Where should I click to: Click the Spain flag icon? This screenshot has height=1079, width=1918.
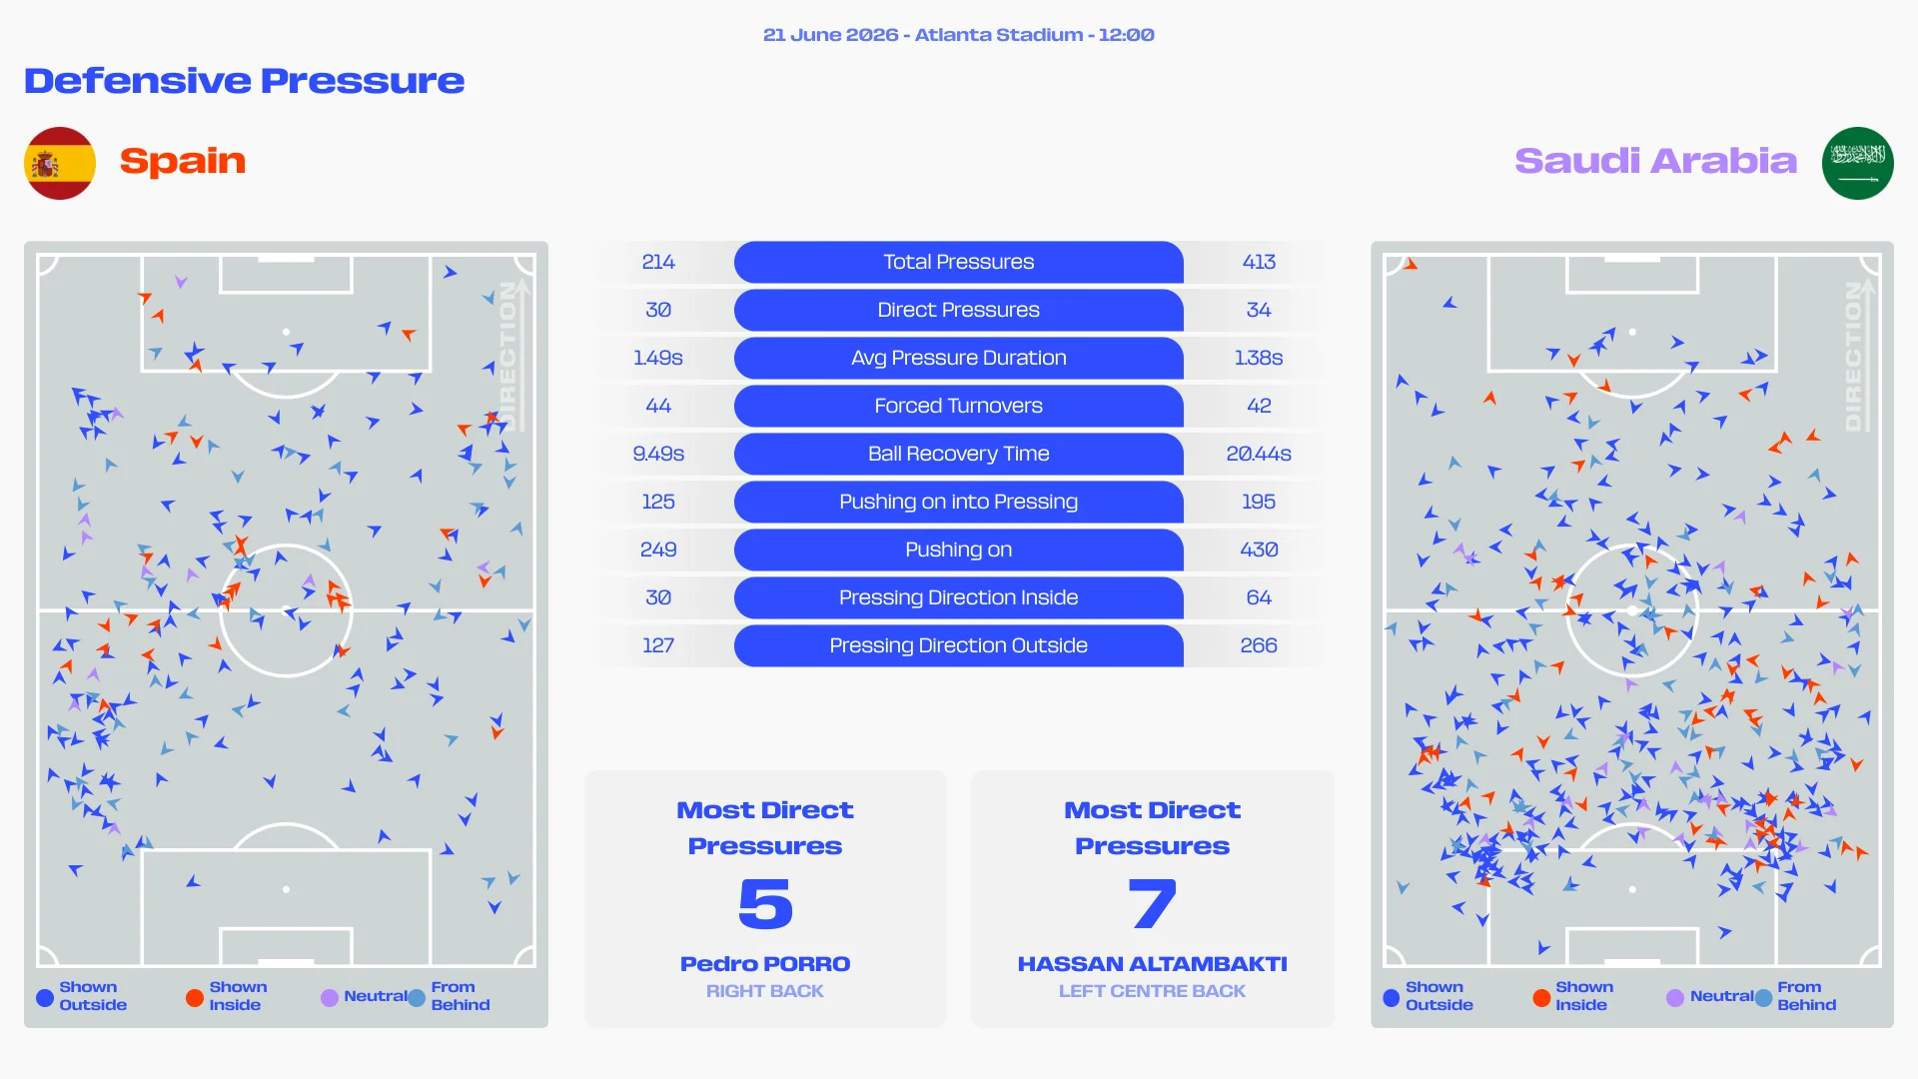(60, 163)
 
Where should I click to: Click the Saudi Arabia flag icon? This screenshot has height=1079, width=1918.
(1857, 163)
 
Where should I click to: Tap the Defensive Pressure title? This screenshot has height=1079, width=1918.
(245, 80)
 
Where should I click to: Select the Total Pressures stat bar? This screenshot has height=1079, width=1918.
(958, 262)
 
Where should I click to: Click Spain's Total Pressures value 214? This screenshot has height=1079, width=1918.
(658, 262)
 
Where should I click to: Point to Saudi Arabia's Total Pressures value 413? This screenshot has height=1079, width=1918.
(1259, 262)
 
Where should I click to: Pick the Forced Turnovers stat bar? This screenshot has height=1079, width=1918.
(958, 406)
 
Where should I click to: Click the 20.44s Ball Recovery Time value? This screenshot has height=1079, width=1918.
(1259, 454)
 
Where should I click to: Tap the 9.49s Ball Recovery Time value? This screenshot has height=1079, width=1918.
(658, 454)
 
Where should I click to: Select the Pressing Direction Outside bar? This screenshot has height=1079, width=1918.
(958, 645)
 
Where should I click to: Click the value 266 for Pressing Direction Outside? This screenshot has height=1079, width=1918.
(1259, 645)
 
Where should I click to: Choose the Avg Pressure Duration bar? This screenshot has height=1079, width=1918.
(958, 358)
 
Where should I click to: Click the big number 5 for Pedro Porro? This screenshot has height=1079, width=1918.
(765, 903)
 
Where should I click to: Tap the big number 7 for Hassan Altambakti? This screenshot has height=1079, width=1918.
(1153, 903)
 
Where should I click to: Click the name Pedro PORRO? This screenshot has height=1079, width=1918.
(765, 964)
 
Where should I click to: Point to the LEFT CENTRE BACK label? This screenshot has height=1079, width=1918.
(1153, 991)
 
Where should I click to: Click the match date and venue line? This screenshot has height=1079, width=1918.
(959, 35)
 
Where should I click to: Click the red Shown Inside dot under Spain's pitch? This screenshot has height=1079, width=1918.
(195, 997)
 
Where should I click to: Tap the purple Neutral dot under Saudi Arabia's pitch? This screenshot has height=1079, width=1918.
(1675, 997)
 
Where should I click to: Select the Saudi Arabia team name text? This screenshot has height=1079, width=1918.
(1655, 161)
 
